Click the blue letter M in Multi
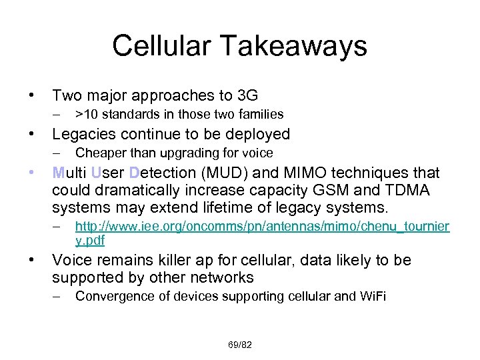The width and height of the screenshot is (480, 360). [58, 173]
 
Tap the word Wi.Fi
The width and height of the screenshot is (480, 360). [371, 297]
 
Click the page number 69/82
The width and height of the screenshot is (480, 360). [239, 345]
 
